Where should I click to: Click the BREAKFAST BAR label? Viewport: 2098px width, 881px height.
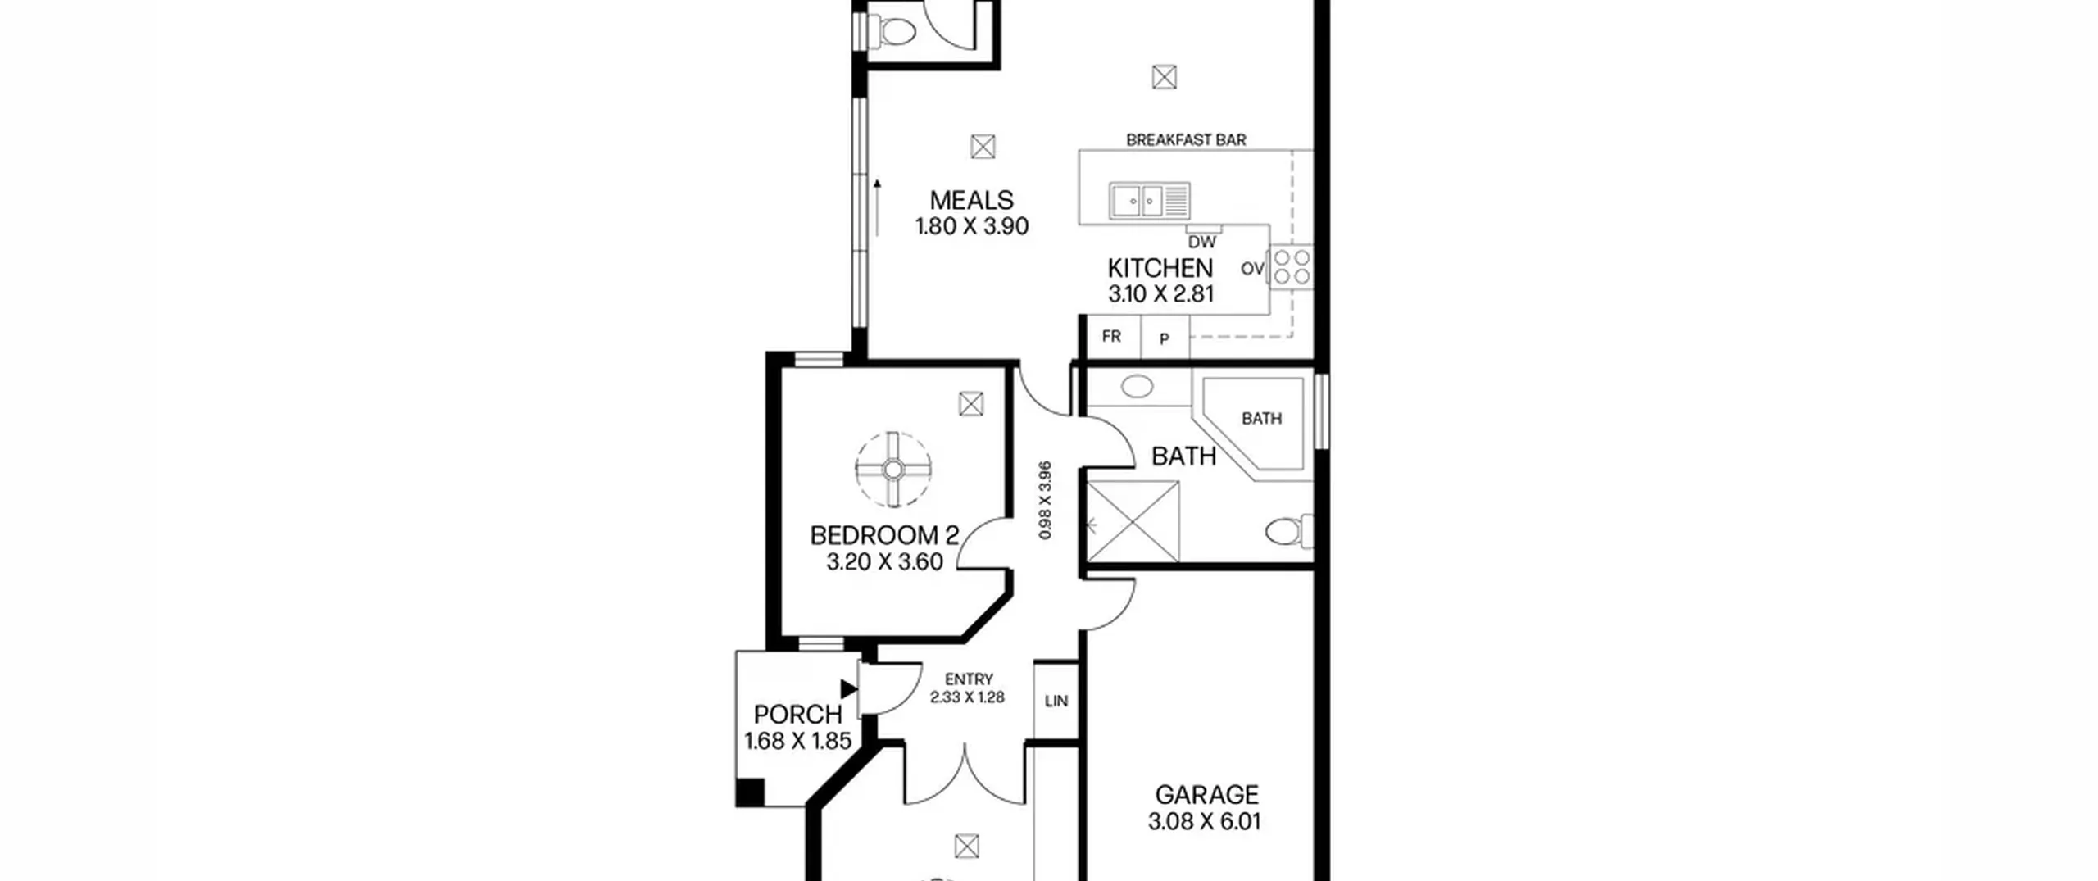coord(1186,140)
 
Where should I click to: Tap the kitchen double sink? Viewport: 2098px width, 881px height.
coord(1150,201)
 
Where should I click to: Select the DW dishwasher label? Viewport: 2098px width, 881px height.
coord(1201,243)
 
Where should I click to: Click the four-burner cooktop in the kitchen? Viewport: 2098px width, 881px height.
coord(1291,267)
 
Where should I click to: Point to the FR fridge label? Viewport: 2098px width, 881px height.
coord(1111,336)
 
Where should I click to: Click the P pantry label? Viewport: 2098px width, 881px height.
coord(1165,338)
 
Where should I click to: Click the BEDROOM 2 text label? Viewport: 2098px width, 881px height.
coord(884,535)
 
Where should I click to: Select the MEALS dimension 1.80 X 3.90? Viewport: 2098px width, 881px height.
coord(972,226)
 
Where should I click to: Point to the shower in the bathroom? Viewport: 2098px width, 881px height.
coord(1133,522)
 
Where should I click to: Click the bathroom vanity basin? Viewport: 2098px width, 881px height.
coord(1137,387)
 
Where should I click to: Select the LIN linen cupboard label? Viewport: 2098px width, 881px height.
coord(1056,701)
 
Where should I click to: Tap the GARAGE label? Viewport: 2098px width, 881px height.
coord(1206,795)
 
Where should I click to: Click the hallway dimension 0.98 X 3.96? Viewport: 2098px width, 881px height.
coord(1045,500)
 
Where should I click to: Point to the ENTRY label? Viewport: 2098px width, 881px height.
coord(969,679)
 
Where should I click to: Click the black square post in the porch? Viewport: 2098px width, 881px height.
coord(750,792)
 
